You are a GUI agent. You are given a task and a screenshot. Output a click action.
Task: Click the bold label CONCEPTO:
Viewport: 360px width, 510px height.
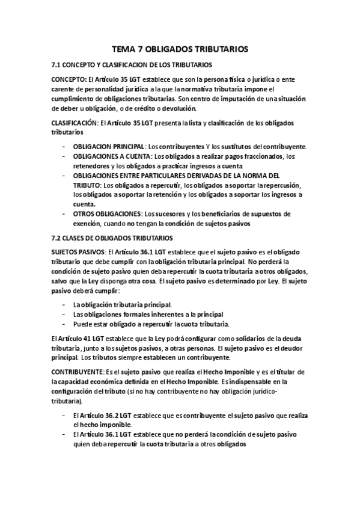pyautogui.click(x=69, y=79)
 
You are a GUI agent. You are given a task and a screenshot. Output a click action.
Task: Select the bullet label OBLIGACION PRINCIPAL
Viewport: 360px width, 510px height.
pyautogui.click(x=109, y=147)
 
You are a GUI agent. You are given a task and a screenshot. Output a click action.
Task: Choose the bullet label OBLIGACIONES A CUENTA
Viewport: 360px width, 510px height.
pyautogui.click(x=111, y=156)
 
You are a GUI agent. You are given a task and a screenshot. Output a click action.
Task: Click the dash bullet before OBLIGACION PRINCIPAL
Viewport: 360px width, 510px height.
pyautogui.click(x=64, y=147)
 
